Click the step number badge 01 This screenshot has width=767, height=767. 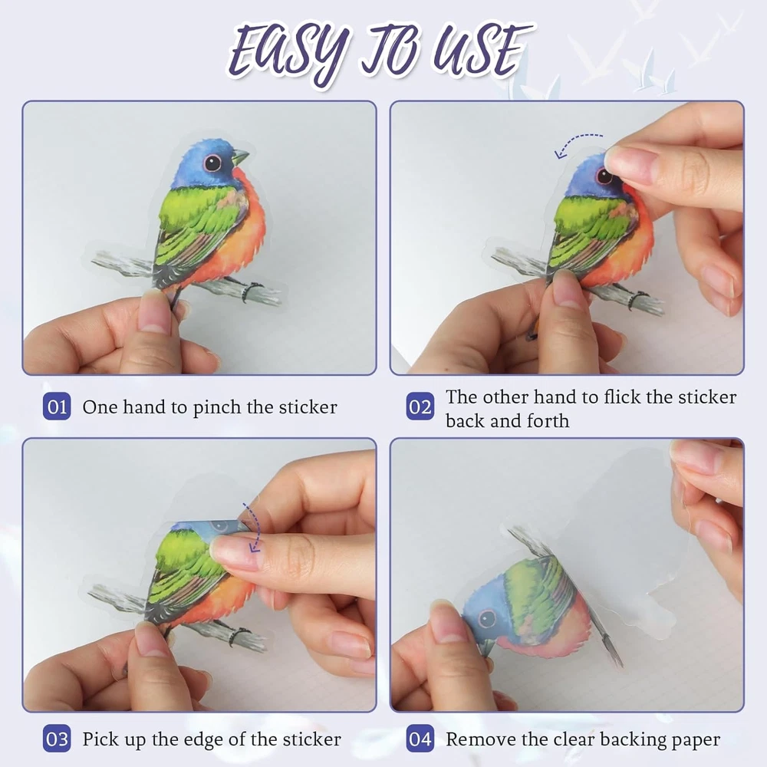click(57, 407)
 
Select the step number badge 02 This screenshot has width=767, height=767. click(420, 407)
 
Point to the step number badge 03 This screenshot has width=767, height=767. click(57, 739)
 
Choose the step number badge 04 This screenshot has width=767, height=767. click(420, 739)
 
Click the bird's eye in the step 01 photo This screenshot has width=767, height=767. click(212, 163)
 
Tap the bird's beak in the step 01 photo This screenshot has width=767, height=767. click(240, 157)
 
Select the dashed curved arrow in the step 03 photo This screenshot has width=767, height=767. click(255, 528)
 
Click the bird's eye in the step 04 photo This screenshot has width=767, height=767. click(487, 619)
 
